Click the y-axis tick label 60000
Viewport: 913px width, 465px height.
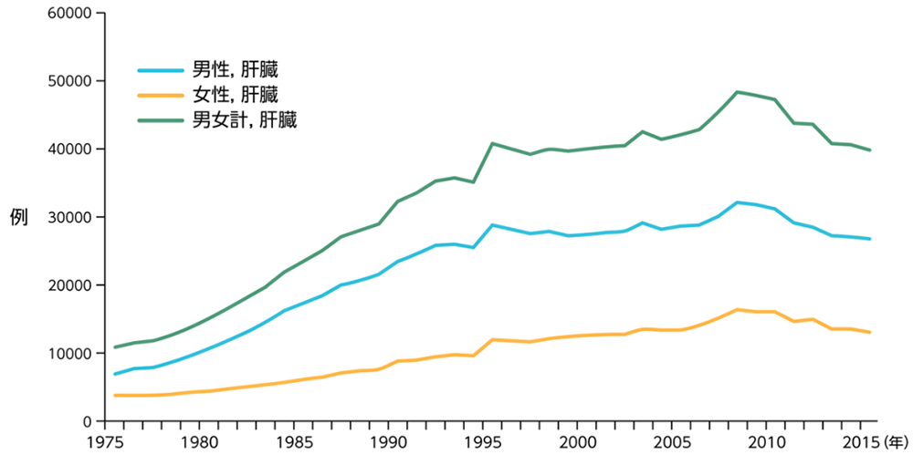(x=70, y=13)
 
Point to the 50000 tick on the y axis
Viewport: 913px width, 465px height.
(x=70, y=81)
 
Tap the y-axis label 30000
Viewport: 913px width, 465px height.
(x=70, y=217)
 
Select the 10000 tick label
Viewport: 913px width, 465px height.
(x=70, y=353)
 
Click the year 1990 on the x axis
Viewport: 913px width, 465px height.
(x=388, y=443)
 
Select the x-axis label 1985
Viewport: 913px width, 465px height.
(x=294, y=443)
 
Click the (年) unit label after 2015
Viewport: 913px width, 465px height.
(x=892, y=443)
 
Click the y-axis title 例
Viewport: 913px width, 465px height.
(x=18, y=217)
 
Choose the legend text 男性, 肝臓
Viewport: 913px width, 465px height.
(x=236, y=71)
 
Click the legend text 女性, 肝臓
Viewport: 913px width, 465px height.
(x=236, y=95)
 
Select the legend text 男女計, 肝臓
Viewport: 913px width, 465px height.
(x=245, y=120)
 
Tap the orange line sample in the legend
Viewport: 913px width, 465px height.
(x=162, y=95)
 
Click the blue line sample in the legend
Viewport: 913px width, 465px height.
(x=162, y=71)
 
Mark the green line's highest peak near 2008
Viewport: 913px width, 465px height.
(x=738, y=92)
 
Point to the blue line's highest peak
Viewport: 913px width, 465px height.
(x=738, y=202)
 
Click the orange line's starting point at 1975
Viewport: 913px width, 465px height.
(x=115, y=396)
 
